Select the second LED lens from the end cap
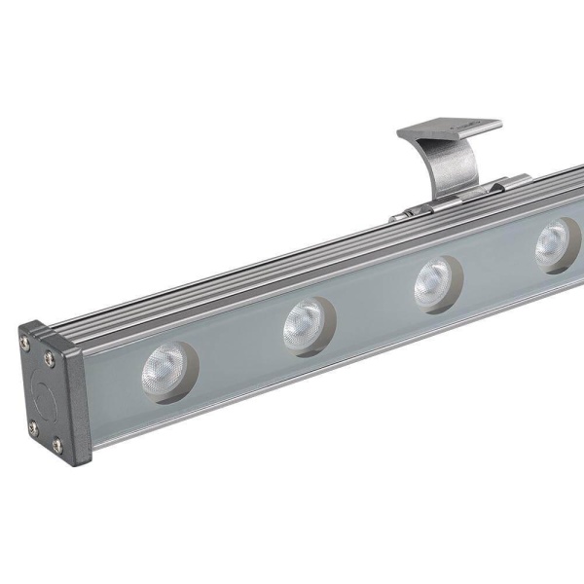pyautogui.click(x=305, y=325)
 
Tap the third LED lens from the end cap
pyautogui.click(x=434, y=283)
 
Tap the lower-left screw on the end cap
pyautogui.click(x=31, y=424)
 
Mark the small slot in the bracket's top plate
pyautogui.click(x=458, y=124)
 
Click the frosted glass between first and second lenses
pyautogui.click(x=234, y=360)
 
